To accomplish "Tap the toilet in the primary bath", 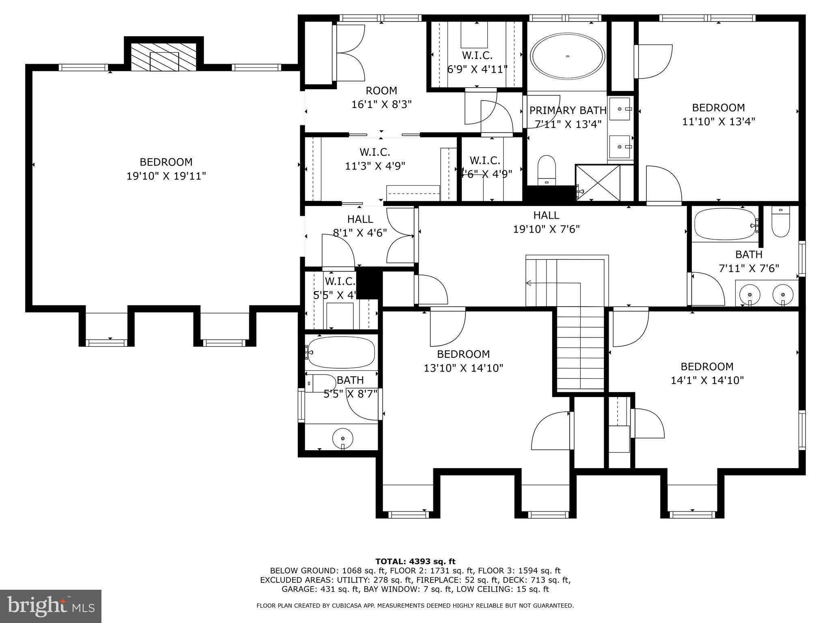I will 546,170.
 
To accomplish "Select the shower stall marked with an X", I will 598,183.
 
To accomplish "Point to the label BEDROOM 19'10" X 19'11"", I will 166,169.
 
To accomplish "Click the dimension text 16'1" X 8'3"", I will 381,105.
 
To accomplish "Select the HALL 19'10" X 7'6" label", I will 546,222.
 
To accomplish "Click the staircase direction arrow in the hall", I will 529,283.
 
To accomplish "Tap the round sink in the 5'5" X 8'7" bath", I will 343,438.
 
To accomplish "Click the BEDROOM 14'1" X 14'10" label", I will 707,373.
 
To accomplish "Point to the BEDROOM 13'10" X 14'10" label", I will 463,361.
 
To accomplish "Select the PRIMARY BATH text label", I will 568,110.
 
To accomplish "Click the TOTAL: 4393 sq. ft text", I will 415,562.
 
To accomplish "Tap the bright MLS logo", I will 50,607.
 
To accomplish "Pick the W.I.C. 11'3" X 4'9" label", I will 375,159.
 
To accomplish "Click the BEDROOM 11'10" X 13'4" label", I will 718,114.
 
